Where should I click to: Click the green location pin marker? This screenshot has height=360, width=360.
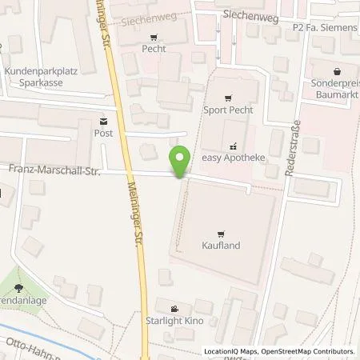(x=181, y=162)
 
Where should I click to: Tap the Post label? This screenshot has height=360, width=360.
(x=103, y=134)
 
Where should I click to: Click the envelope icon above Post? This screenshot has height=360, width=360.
(x=103, y=122)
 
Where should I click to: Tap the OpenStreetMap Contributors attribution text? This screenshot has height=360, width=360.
(x=315, y=351)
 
